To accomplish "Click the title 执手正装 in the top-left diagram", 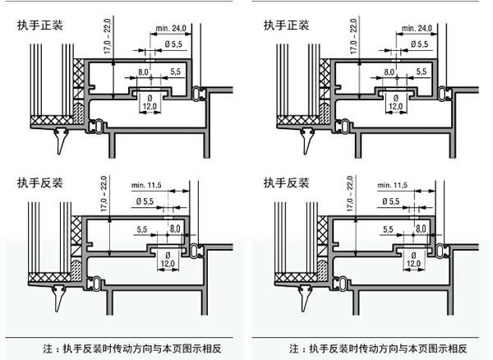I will click(39, 25).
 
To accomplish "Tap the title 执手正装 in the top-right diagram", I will click(286, 25).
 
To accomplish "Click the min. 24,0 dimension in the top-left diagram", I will click(173, 28).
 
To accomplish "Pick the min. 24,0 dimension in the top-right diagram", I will click(420, 28).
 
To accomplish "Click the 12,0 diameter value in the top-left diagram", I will click(150, 107).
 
